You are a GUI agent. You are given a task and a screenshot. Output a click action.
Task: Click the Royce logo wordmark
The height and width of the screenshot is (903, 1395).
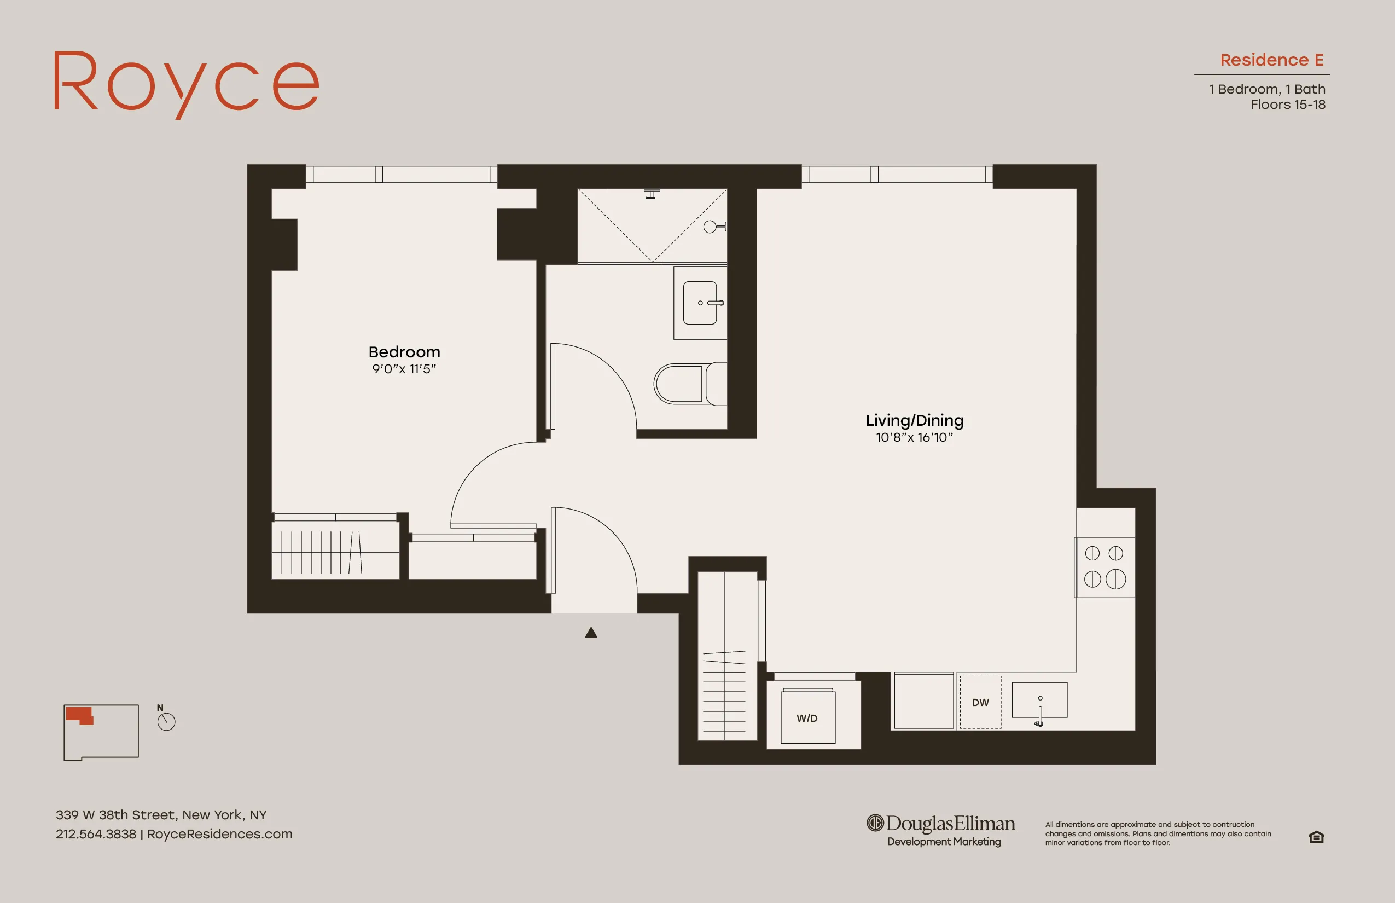187,83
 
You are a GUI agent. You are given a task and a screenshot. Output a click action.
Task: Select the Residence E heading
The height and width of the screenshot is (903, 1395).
1271,60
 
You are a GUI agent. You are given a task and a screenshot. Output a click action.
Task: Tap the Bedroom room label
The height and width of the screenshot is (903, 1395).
404,352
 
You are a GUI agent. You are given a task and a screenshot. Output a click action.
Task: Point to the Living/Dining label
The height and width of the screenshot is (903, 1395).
914,420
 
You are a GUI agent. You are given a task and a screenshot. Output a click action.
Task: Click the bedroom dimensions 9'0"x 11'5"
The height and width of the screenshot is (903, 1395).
404,369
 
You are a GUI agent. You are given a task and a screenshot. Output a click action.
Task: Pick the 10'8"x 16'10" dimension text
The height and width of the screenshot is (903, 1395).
914,437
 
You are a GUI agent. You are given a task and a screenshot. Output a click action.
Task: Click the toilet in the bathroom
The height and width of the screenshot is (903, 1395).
689,384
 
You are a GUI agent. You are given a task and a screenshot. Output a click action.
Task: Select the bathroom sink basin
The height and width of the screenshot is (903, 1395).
700,303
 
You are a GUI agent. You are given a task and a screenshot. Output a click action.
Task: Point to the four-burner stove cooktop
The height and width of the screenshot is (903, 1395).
1104,567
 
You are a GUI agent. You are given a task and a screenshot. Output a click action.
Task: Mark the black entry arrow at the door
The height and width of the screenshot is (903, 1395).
591,632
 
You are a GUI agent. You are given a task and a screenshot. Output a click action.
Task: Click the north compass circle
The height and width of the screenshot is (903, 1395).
166,722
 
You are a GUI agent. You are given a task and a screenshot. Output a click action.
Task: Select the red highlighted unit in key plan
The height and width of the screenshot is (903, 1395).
79,715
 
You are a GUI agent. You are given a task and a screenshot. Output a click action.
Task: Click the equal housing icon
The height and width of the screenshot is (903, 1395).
1316,837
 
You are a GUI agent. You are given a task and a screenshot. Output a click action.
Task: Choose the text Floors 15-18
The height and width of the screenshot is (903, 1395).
1287,105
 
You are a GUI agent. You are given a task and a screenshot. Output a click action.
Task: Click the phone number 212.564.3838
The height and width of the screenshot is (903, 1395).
96,834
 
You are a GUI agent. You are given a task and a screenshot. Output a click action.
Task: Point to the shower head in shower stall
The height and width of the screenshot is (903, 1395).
652,194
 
